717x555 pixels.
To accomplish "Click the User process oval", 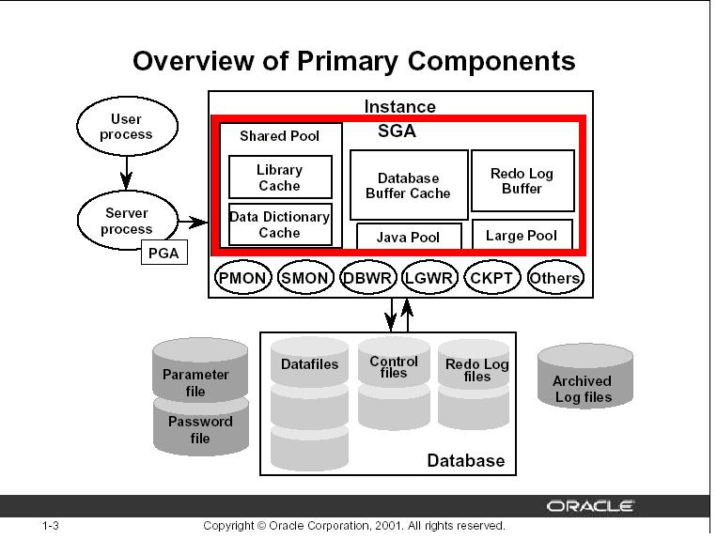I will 126,126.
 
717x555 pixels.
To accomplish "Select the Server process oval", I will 126,221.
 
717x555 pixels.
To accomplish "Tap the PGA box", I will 164,253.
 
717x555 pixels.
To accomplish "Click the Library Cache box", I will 279,177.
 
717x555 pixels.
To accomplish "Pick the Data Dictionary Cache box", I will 279,224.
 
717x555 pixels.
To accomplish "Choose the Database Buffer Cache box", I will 408,185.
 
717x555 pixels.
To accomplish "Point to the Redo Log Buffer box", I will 522,180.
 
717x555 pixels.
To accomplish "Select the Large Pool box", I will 522,235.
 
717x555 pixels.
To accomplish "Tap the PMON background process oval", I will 243,278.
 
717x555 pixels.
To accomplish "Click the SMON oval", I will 305,278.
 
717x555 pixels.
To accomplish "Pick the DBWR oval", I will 368,278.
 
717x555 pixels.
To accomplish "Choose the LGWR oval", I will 429,278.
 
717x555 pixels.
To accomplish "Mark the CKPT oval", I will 491,278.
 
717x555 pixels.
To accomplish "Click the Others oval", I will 554,278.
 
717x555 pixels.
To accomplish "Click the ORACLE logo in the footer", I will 598,506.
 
